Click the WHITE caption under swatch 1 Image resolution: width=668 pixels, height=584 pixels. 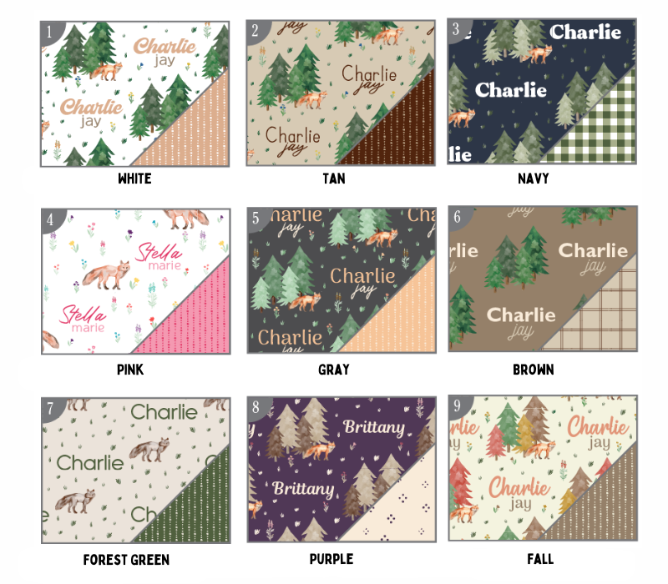tap(134, 179)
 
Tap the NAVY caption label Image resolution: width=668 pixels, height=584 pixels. tap(534, 179)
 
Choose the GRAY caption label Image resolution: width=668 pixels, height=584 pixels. tap(333, 369)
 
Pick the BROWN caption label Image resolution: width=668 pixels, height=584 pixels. tap(534, 369)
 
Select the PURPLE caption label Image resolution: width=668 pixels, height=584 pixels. tap(331, 559)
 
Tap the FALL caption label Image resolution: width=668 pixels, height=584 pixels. tap(534, 559)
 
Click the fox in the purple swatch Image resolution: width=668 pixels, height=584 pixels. tap(317, 451)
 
